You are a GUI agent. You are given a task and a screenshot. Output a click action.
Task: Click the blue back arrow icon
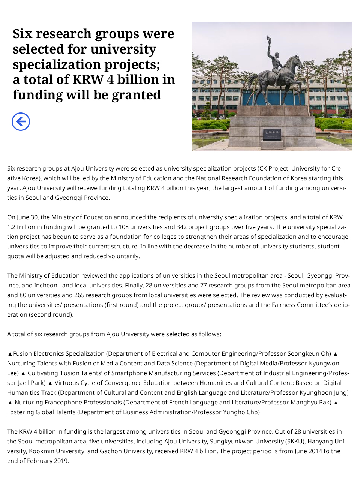[x=21, y=122]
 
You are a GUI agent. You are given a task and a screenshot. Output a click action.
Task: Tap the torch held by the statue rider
[x=269, y=40]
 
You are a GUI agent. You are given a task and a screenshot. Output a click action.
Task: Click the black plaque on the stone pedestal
[x=272, y=134]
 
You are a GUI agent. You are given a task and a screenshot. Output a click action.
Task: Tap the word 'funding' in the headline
[x=37, y=95]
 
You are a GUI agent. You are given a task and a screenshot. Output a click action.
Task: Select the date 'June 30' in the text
[x=28, y=217]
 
